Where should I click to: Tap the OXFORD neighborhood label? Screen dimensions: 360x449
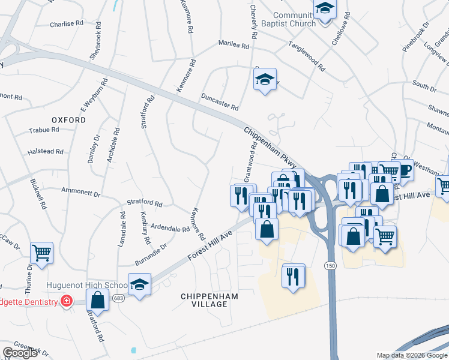[x=68, y=120]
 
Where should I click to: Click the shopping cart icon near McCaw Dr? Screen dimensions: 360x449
[x=41, y=253]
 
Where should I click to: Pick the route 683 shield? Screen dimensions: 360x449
[x=120, y=298]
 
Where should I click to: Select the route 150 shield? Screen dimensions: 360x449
[x=330, y=265]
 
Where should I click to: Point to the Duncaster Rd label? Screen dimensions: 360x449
[x=220, y=103]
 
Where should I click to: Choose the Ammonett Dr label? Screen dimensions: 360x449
[x=80, y=191]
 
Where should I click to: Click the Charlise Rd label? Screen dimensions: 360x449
[x=67, y=24]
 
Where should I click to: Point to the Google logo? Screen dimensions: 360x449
[x=20, y=353]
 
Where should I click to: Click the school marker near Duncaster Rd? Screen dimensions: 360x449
[x=264, y=79]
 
